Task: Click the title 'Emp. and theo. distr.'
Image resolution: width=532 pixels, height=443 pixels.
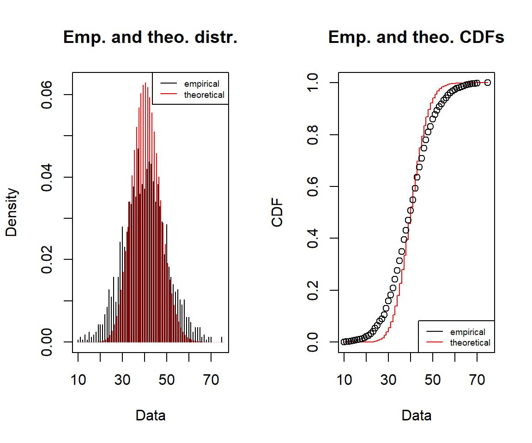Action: point(150,37)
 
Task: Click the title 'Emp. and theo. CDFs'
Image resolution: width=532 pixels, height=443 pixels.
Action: point(416,37)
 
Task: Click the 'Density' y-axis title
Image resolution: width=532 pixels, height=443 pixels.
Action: point(12,212)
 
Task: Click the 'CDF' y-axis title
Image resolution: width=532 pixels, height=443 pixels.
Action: point(278,212)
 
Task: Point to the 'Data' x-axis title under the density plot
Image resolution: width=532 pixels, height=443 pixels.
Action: point(150,415)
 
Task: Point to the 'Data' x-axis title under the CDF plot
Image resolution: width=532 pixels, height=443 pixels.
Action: point(416,415)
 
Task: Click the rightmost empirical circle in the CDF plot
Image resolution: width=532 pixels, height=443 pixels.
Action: point(488,83)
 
